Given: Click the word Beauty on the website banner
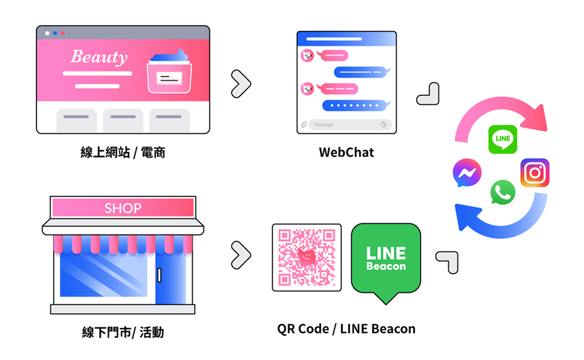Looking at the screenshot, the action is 99,57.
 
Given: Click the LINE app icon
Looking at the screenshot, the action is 503,139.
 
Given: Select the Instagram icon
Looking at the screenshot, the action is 535,173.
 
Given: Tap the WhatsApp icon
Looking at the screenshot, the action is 502,192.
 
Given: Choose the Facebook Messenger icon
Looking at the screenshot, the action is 467,173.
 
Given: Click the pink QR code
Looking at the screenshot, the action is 307,257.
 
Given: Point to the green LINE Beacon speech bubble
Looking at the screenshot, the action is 386,260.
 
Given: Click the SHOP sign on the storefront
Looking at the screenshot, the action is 123,208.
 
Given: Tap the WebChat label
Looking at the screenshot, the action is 346,152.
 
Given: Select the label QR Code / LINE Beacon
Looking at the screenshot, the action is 346,329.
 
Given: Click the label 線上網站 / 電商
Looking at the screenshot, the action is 122,152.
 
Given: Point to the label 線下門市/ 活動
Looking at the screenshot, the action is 122,332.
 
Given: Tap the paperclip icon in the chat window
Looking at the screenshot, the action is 303,124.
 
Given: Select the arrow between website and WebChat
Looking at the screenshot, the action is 241,84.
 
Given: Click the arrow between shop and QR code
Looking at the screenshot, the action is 241,255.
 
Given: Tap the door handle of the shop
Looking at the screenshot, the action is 159,275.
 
